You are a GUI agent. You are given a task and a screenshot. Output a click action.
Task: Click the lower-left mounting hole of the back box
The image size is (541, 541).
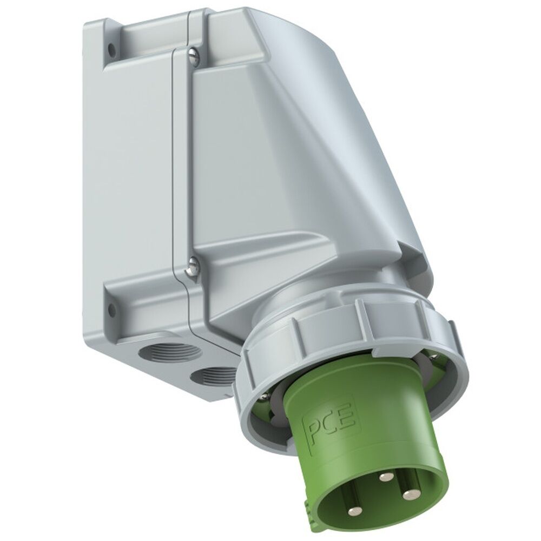[x=112, y=310]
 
